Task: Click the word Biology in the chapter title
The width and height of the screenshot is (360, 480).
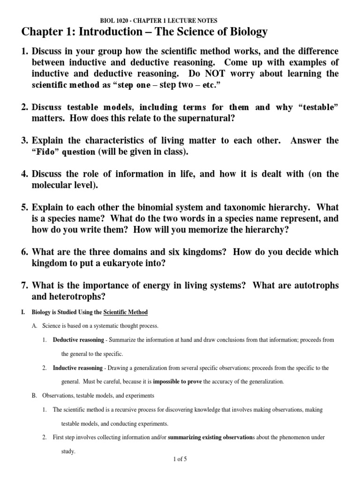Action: [243, 32]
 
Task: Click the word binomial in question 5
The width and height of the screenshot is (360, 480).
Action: [157, 207]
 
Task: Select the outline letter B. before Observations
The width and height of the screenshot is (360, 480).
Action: [34, 396]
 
